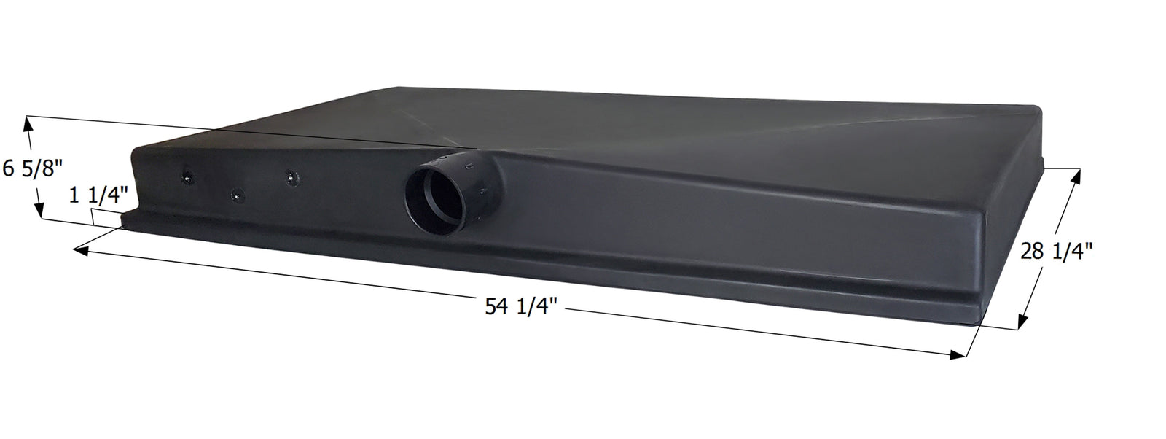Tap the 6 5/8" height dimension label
point(34,168)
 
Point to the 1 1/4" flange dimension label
point(100,195)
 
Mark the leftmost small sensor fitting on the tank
point(188,176)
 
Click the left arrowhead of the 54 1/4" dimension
point(80,251)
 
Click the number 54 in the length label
point(495,307)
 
